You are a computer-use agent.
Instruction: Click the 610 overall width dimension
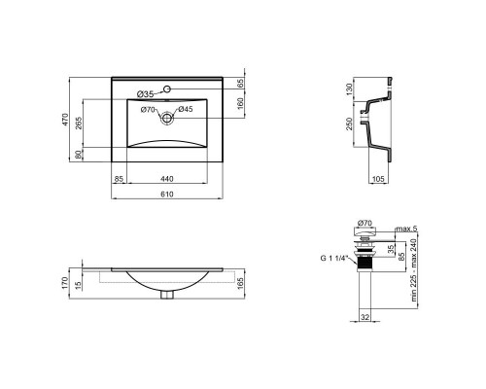(167, 194)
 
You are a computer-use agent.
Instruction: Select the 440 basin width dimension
(167, 179)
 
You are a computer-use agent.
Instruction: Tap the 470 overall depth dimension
(65, 120)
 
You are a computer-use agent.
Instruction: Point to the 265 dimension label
(79, 124)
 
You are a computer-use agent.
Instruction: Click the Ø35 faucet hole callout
(145, 94)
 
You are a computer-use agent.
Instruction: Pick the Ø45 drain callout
(186, 109)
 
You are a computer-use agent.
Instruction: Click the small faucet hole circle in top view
(167, 88)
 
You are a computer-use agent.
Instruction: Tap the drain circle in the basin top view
(167, 118)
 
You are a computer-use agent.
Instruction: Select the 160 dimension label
(240, 103)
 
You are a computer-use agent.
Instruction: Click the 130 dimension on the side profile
(349, 89)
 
